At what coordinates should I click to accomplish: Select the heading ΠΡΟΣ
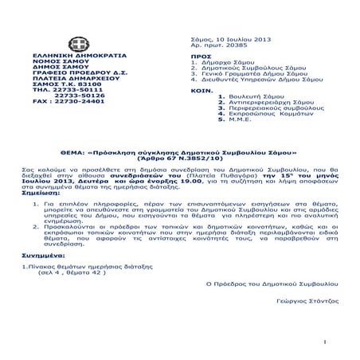[201, 57]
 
